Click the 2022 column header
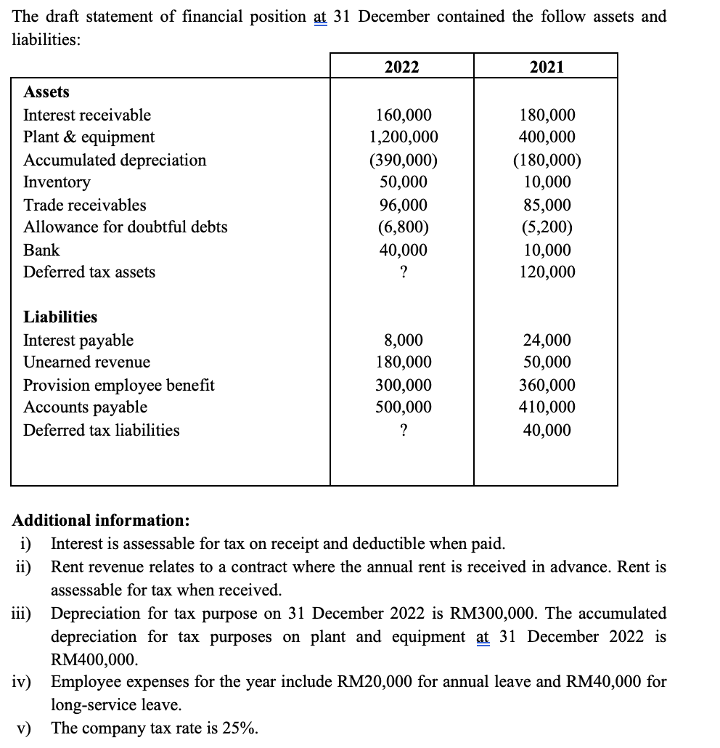click(x=401, y=67)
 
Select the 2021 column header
click(x=547, y=67)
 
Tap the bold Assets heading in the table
click(x=46, y=92)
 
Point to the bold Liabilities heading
click(x=60, y=317)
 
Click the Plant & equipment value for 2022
click(x=403, y=137)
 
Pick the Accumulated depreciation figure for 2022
click(x=403, y=160)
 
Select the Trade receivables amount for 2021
click(x=547, y=206)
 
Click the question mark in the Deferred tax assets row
click(x=403, y=272)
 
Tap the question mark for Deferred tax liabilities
click(x=403, y=431)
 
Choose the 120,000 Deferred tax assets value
click(x=547, y=272)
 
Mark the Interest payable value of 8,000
click(x=403, y=341)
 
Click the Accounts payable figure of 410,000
click(x=547, y=407)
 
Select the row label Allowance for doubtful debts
click(x=125, y=227)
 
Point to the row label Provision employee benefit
click(x=119, y=386)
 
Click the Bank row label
click(x=41, y=251)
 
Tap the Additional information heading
click(x=102, y=521)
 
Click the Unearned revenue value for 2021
click(x=547, y=362)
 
